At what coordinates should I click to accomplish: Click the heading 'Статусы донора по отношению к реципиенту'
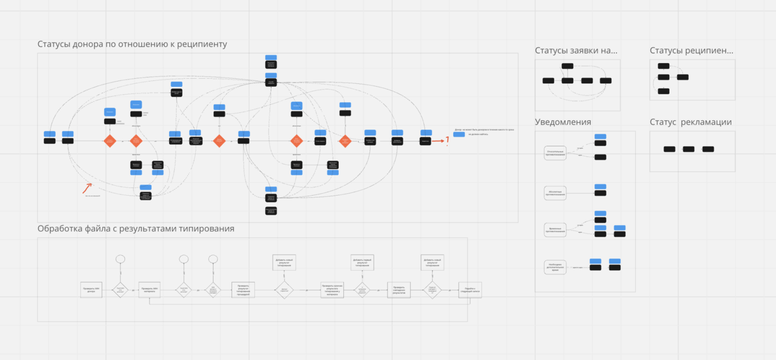coord(132,45)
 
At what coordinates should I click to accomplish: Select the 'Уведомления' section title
coord(563,122)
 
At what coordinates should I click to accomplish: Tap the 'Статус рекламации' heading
coord(690,122)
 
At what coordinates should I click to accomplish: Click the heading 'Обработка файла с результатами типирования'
coord(136,229)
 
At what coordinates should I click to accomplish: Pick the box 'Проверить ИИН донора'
coord(91,290)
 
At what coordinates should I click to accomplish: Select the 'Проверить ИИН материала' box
coord(149,290)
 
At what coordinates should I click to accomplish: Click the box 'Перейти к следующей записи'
coord(470,290)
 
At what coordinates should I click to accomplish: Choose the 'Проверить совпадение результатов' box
coord(399,290)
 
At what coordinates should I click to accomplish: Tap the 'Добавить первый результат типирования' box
coord(362,262)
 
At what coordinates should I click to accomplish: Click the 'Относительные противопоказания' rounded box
coord(556,153)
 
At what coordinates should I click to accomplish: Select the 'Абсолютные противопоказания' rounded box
coord(555,193)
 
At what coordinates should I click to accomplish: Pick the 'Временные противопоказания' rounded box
coord(556,230)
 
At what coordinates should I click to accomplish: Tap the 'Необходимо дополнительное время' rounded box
coord(555,267)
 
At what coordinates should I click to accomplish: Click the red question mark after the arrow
coord(446,139)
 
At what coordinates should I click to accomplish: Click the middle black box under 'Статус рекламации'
coord(689,149)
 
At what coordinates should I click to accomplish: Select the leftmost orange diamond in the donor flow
coord(109,141)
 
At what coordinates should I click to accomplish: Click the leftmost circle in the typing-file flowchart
coord(120,259)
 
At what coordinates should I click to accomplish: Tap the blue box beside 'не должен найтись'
coord(459,134)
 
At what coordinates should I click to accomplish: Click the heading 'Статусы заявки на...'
coord(576,51)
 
